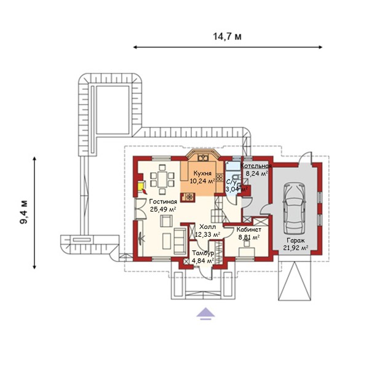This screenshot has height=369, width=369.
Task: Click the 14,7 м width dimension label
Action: pyautogui.click(x=227, y=37)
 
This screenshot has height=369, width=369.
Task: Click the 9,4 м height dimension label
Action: pyautogui.click(x=24, y=212)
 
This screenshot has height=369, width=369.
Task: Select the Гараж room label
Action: pyautogui.click(x=296, y=240)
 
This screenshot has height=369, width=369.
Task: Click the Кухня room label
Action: pyautogui.click(x=202, y=173)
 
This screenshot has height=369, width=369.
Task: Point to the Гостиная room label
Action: pyautogui.click(x=163, y=202)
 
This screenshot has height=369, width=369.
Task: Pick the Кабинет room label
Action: pyautogui.click(x=248, y=229)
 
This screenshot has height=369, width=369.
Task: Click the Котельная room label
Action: pyautogui.click(x=256, y=166)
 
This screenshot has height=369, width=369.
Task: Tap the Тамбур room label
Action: pyautogui.click(x=203, y=253)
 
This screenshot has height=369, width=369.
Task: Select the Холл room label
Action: pyautogui.click(x=207, y=227)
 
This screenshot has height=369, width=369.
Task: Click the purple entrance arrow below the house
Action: pyautogui.click(x=205, y=314)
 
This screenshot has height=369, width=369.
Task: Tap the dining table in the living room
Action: pyautogui.click(x=162, y=180)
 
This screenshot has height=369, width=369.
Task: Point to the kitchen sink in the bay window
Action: pyautogui.click(x=202, y=157)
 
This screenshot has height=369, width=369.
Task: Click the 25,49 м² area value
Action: pyautogui.click(x=163, y=209)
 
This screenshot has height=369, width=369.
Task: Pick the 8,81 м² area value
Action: pyautogui.click(x=249, y=237)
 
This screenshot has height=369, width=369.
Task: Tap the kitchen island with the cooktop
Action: pyautogui.click(x=188, y=197)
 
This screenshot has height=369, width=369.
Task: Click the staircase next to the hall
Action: pyautogui.click(x=219, y=210)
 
